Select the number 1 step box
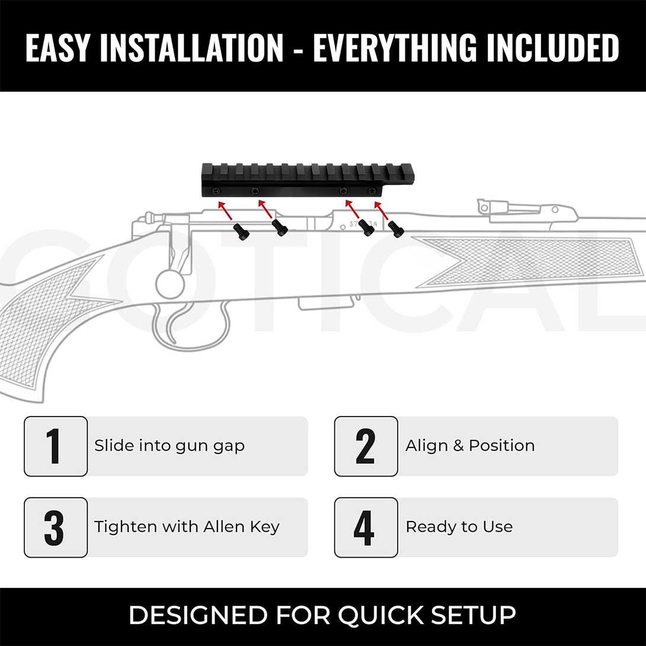[56, 446]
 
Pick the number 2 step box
[366, 446]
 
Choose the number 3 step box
[56, 527]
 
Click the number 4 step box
[366, 527]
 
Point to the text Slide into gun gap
[170, 446]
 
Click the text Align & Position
[470, 446]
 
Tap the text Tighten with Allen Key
[187, 527]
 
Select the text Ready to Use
[459, 527]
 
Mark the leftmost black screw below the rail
[241, 231]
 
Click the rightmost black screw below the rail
[395, 229]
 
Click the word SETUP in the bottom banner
[478, 615]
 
